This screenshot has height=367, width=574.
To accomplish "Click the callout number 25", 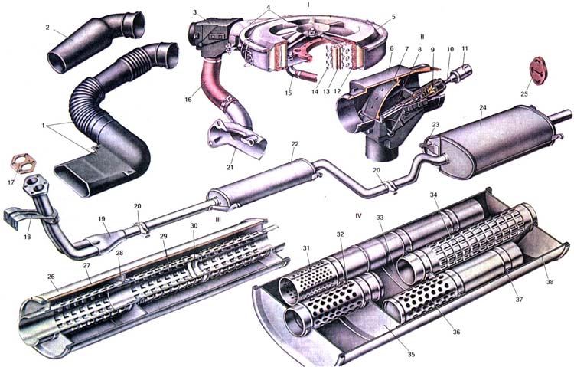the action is [x=523, y=94].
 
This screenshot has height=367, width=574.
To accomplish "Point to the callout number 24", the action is [x=483, y=108].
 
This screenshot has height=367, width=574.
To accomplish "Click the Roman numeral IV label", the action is [x=358, y=216].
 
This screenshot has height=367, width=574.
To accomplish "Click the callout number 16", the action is [x=188, y=100].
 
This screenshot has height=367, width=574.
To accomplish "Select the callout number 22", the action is [x=295, y=144].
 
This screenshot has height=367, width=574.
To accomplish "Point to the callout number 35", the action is [x=411, y=354].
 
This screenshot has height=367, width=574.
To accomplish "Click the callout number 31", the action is [x=306, y=248].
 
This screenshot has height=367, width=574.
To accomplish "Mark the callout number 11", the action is [x=465, y=48].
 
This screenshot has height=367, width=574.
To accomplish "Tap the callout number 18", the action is [x=28, y=237].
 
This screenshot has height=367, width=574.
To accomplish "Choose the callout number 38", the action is [x=550, y=282].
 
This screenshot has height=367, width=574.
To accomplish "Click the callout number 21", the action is [x=230, y=168].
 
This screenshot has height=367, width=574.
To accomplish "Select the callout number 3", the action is [x=194, y=12].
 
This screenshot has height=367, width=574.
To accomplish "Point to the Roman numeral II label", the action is [x=422, y=37].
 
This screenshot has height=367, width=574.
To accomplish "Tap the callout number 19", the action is [x=101, y=219].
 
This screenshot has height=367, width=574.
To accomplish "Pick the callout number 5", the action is [x=393, y=17].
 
